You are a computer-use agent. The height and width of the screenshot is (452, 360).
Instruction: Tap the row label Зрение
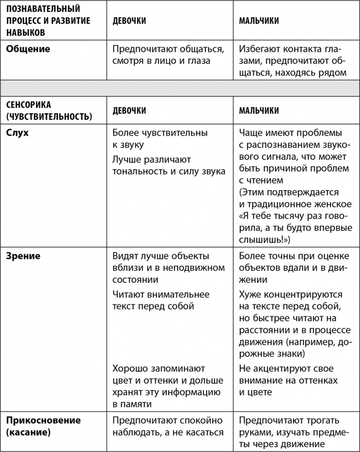pos(23,256)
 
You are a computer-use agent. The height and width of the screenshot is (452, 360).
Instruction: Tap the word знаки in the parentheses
pos(288,353)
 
